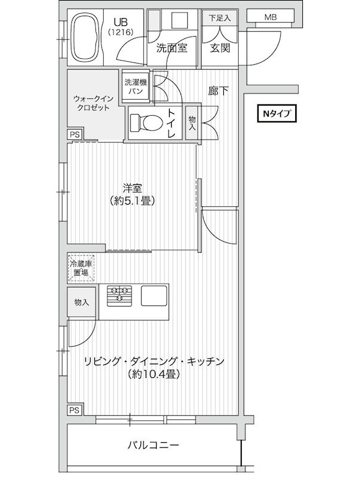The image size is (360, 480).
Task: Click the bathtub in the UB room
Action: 86,38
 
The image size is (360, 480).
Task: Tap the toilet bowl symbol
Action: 146,122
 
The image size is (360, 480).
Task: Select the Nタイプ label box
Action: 277,114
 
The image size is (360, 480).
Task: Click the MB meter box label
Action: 271,17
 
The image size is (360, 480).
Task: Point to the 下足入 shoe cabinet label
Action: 220,18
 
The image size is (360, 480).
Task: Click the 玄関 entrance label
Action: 220,48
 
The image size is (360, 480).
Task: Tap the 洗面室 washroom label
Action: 172,48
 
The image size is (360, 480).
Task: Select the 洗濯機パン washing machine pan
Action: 136,86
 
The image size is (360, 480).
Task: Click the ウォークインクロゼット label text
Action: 94,103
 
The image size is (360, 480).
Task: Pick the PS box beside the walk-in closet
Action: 74,134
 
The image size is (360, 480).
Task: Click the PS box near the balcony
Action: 74,410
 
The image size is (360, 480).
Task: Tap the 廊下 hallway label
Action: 218,91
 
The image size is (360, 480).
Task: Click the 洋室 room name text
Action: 133,188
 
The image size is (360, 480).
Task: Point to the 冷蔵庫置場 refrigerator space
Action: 81,268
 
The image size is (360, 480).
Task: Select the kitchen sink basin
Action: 154,295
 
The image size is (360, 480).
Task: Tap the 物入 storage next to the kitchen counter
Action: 82,302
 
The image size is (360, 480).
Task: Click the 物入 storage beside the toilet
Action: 192,123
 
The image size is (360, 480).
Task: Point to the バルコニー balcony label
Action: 153,445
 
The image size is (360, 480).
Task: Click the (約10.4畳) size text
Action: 154,374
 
